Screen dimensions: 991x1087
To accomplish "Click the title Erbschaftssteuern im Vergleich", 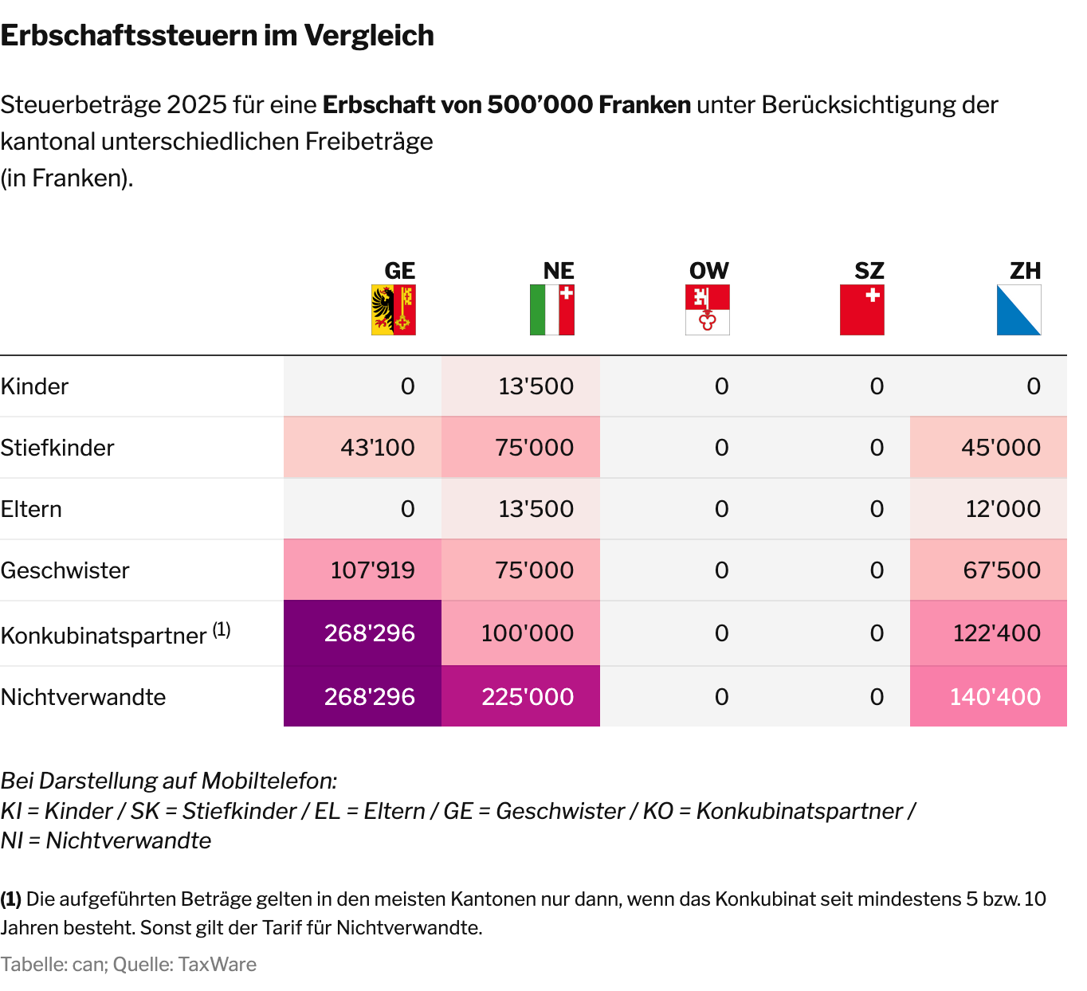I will point(217,36).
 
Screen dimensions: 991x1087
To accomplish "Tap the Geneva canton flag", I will point(394,310).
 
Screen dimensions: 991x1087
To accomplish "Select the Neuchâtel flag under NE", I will point(552,310).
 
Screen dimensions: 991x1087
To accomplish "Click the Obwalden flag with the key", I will point(708,310).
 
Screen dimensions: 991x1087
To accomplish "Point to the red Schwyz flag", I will point(862,310).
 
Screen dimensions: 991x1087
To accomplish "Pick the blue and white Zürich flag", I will point(1018,310).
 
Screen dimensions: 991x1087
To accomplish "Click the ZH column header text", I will point(1025,271).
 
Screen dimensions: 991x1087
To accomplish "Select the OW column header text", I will point(708,271).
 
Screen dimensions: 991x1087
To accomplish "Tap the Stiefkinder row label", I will point(57,448).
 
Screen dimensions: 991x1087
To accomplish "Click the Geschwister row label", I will point(65,570).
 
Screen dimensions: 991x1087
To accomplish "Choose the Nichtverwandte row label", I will point(83,697).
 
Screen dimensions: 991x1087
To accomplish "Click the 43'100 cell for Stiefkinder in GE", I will point(378,448).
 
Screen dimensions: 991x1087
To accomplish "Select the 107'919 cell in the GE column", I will point(373,570).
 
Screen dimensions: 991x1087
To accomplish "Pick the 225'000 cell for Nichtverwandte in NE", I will point(528,697).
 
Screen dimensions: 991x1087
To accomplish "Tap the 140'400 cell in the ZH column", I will point(995,697).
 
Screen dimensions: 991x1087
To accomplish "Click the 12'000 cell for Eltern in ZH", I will point(1003,509).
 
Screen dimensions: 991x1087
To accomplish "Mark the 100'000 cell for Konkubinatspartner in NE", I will point(528,633).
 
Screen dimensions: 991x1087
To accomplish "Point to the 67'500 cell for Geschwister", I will point(1002,570).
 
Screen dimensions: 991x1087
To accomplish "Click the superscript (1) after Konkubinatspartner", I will point(222,629).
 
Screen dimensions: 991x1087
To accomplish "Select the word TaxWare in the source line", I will point(217,965).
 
